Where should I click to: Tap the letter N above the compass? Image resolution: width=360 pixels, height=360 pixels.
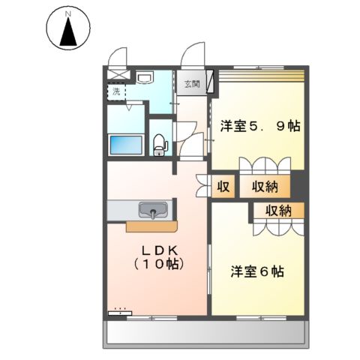click(68, 13)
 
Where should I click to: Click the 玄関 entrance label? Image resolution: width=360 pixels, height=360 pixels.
click(191, 84)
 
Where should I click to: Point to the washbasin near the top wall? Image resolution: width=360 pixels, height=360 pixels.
click(145, 77)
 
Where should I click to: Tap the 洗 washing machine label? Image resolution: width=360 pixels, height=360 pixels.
click(117, 91)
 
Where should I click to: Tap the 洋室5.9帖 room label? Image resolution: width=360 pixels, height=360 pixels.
click(260, 126)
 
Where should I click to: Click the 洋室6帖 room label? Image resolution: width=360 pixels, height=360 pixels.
click(256, 271)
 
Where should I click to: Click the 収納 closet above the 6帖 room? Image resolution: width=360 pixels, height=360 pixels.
click(277, 210)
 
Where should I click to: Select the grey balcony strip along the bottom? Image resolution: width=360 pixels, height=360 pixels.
click(206, 333)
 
